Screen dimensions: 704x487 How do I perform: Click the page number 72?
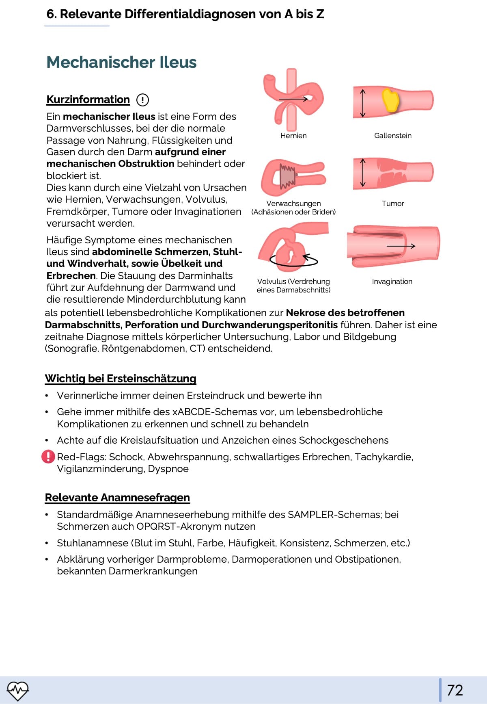coord(455,690)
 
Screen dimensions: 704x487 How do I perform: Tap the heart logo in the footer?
coord(18,690)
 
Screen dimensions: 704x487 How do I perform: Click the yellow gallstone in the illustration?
coord(390,100)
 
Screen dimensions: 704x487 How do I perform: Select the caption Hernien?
coord(293,136)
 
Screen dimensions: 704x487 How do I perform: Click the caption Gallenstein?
coord(392,136)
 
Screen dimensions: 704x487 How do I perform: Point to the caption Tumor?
coord(392,204)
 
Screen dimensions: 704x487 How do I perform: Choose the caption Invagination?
coord(392,282)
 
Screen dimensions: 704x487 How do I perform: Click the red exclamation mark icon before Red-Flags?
coord(48,457)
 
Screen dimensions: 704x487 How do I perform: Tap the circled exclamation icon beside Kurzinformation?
coord(142,100)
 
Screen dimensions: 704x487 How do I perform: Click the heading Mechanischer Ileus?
coord(121,62)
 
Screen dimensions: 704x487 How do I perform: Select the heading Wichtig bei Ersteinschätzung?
coord(121,379)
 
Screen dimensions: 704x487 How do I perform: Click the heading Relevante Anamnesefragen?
coord(117,498)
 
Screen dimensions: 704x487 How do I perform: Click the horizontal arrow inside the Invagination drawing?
coord(401,246)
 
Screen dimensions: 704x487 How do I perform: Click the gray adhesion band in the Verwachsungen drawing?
coord(288,176)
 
